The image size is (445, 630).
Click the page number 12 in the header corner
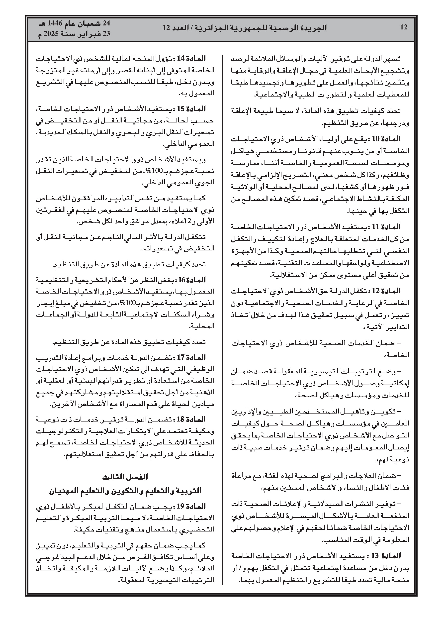(x=404, y=27)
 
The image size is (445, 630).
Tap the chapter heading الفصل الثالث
(x=125, y=477)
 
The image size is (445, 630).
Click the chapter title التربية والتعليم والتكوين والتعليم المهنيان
(x=125, y=490)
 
